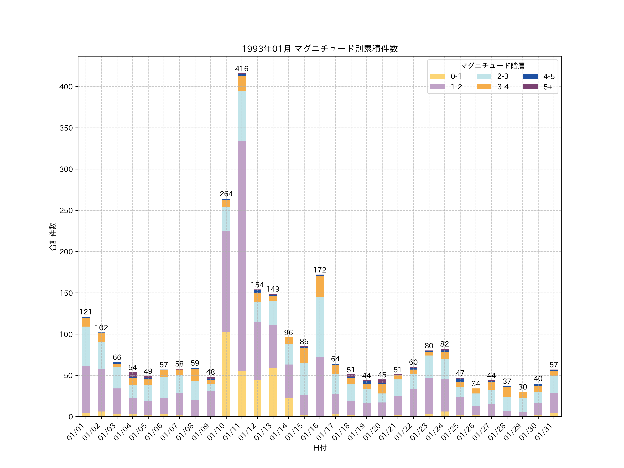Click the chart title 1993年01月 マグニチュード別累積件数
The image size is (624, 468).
pyautogui.click(x=320, y=49)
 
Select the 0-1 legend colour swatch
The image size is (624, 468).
pyautogui.click(x=437, y=76)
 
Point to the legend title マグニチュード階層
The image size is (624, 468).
pyautogui.click(x=493, y=66)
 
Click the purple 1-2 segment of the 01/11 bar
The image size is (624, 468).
pyautogui.click(x=242, y=256)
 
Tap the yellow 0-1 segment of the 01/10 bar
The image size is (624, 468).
pyautogui.click(x=226, y=374)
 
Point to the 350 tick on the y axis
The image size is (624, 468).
pyautogui.click(x=66, y=128)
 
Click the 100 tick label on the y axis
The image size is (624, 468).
pyautogui.click(x=66, y=334)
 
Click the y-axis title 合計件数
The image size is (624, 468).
pyautogui.click(x=53, y=236)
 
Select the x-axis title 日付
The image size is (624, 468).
pyautogui.click(x=320, y=448)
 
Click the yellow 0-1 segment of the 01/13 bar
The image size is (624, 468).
pyautogui.click(x=273, y=392)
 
